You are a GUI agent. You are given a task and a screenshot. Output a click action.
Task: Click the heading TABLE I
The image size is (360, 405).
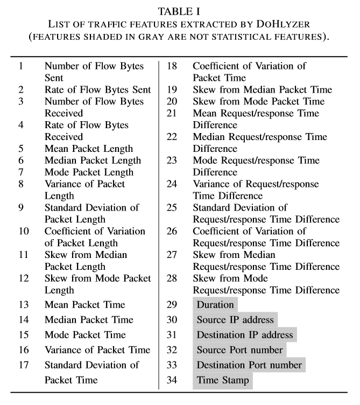[180, 11]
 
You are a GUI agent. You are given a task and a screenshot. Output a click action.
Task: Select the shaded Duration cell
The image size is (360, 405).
[215, 305]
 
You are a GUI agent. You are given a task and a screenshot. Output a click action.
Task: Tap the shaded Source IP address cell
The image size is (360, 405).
[235, 320]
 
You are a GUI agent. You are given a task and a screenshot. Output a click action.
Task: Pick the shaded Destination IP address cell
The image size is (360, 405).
[245, 335]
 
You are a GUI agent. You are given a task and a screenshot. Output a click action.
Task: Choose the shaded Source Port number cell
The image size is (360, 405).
[239, 350]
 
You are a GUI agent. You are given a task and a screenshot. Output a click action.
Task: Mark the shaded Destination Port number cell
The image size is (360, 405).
[249, 365]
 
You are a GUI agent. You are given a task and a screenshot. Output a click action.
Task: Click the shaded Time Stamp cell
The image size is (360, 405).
[223, 380]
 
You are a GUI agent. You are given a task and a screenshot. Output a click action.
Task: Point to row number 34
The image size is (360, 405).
[172, 380]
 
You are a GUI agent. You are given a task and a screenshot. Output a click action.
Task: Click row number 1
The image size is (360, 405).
[21, 66]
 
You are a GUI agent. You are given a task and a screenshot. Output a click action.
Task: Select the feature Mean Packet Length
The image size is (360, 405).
[89, 149]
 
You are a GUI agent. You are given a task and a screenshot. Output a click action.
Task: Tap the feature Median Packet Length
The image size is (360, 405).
[93, 160]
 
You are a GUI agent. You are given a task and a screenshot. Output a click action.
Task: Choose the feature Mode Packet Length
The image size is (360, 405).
[89, 172]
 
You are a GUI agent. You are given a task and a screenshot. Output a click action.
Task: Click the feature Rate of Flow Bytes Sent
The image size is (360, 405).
[98, 90]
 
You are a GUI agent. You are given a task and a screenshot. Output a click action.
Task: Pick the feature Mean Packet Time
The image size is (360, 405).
[85, 305]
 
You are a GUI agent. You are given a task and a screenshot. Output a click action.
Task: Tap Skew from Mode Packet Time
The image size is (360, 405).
[259, 102]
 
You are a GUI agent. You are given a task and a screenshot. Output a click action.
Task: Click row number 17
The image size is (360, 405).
[24, 365]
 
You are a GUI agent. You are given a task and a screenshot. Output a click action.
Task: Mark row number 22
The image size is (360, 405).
[172, 137]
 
